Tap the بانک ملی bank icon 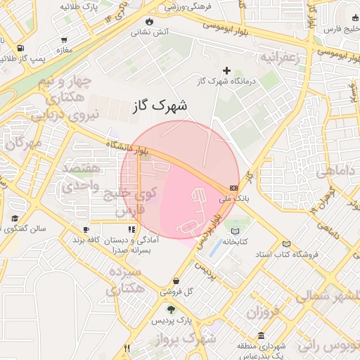tap(233, 188)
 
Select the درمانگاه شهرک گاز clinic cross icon tap(226, 70)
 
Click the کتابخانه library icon tap(235, 231)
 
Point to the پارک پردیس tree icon tap(171, 309)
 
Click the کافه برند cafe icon tap(86, 229)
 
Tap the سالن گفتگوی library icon tap(15, 219)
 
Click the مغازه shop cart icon tap(65, 40)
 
